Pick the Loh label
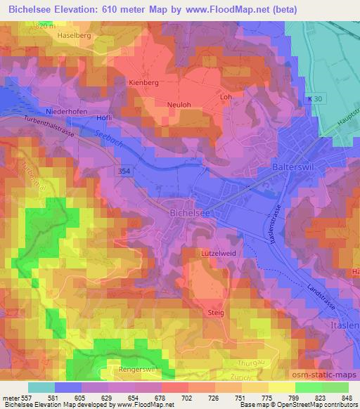226,97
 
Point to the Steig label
217,310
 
